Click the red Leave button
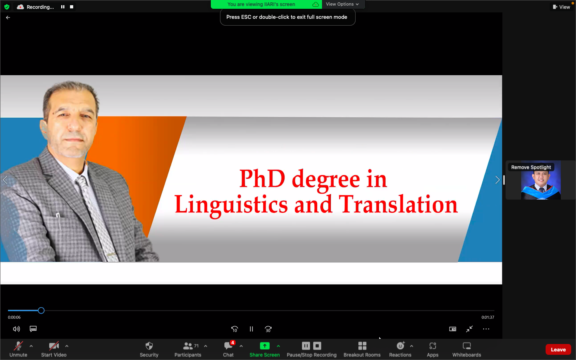click(558, 350)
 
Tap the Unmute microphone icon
click(18, 346)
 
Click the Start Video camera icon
click(54, 346)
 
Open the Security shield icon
click(149, 346)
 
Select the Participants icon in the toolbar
click(188, 346)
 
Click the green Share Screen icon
click(265, 346)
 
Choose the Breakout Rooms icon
click(362, 346)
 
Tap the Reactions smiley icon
click(400, 346)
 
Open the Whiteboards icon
click(467, 346)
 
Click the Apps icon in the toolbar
click(432, 346)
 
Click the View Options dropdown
click(342, 4)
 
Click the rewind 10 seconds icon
click(234, 329)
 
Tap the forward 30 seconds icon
click(268, 329)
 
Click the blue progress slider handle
click(41, 311)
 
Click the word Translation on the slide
click(398, 204)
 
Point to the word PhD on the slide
click(262, 178)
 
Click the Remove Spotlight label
click(531, 167)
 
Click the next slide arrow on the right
click(497, 180)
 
